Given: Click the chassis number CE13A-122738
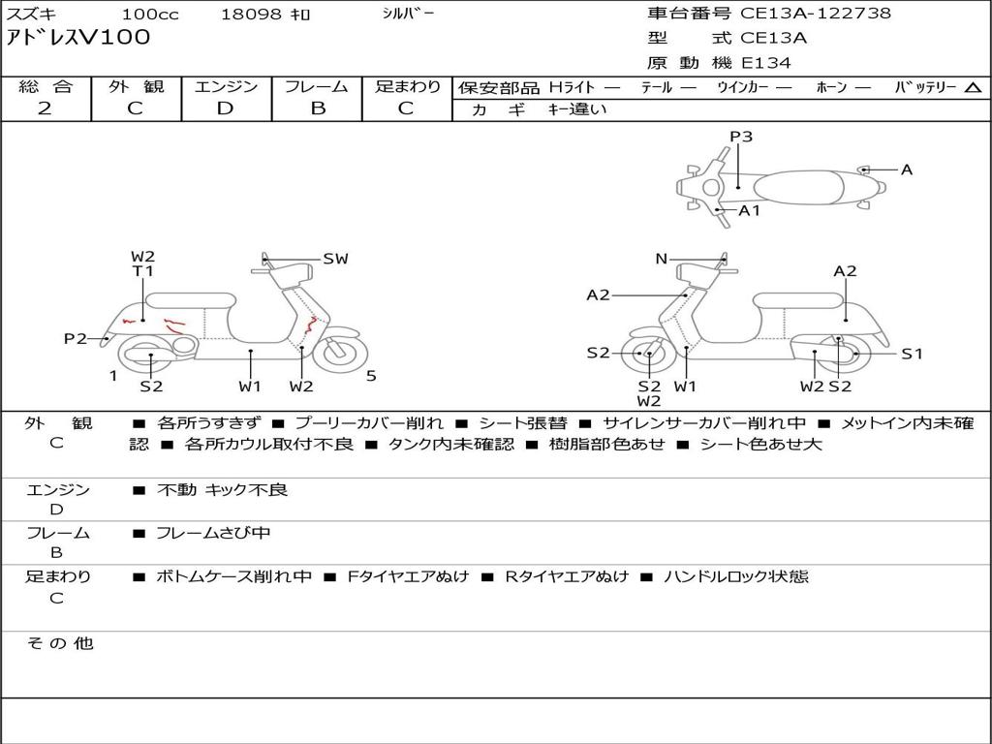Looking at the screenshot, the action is (816, 14).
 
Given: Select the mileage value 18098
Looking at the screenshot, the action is (251, 15).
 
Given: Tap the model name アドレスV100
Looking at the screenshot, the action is (79, 38).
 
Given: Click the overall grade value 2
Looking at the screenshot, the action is (45, 108).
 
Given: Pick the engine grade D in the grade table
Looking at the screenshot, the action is (226, 108).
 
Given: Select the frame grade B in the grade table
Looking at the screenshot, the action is (318, 108).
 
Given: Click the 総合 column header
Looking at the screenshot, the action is (46, 86).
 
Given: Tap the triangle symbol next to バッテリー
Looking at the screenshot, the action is (973, 88).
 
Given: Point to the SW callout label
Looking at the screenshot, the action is (335, 259).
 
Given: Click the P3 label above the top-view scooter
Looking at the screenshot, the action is (741, 137).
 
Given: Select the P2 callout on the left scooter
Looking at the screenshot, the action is (76, 338).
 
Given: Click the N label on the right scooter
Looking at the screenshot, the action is (662, 259).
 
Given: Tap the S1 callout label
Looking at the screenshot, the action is (912, 354).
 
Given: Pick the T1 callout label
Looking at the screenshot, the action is (143, 271).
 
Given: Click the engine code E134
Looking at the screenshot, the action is (766, 63).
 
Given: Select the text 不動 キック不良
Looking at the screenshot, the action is (222, 490).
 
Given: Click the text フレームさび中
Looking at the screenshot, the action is (213, 533).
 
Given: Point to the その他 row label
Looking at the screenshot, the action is (59, 643).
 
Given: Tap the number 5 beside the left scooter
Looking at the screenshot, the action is (371, 376).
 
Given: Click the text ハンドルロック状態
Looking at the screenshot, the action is (735, 576).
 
